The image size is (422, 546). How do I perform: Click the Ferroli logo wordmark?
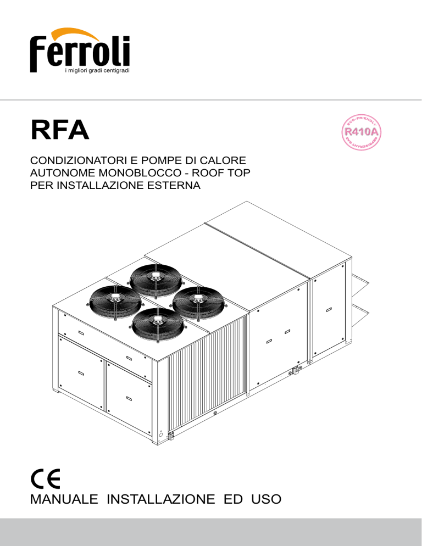point(80,52)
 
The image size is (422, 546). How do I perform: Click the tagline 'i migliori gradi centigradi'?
point(98,71)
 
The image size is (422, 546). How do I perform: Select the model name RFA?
point(59,130)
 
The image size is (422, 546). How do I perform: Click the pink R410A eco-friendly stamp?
point(362,132)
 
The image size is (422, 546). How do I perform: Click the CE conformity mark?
point(45,478)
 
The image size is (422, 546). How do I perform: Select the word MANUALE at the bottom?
point(64,499)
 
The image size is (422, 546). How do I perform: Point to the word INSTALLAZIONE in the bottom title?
point(160,499)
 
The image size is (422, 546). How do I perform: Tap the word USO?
point(266,499)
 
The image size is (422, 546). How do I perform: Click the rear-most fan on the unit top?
point(155,279)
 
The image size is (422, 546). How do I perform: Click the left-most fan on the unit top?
point(115,299)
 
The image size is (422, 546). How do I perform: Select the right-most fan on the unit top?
point(198,301)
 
